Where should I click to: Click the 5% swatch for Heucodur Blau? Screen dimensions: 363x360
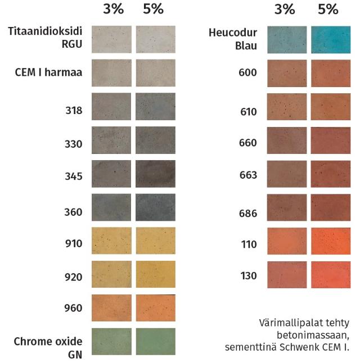coord(330,39)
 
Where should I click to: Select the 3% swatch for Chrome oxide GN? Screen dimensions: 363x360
coord(111,341)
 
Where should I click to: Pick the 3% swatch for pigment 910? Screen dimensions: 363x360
coord(111,241)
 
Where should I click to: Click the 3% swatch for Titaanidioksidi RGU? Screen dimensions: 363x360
coord(111,39)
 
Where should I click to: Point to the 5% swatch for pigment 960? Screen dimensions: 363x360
coord(156,308)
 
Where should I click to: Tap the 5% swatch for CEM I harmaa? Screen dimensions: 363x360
coord(156,72)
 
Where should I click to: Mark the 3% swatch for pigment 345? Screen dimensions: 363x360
coord(111,174)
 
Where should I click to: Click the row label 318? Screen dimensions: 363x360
coord(74,111)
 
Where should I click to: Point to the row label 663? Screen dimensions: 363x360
coord(247,175)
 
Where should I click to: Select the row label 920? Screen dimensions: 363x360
coord(74,276)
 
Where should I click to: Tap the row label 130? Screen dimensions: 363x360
coord(247,276)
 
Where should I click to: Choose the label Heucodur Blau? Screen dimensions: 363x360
coord(232,39)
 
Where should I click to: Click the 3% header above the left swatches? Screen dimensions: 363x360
coord(112,9)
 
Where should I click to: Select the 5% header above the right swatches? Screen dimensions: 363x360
coord(328,9)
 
